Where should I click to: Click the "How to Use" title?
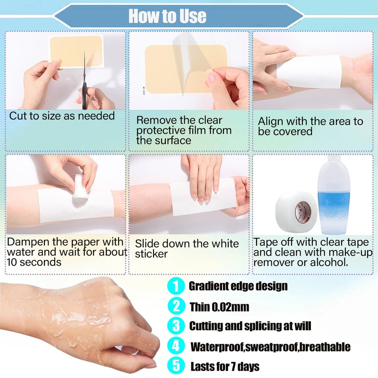(x=167, y=16)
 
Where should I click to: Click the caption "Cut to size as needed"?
(x=62, y=116)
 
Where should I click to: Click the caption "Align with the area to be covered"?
(x=310, y=126)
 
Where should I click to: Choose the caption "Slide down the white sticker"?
(x=187, y=249)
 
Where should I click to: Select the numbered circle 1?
(x=176, y=286)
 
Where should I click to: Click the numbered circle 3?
(x=176, y=326)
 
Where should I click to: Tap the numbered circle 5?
(x=176, y=366)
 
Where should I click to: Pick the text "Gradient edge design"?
(x=238, y=286)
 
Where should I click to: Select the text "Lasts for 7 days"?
(x=224, y=367)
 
